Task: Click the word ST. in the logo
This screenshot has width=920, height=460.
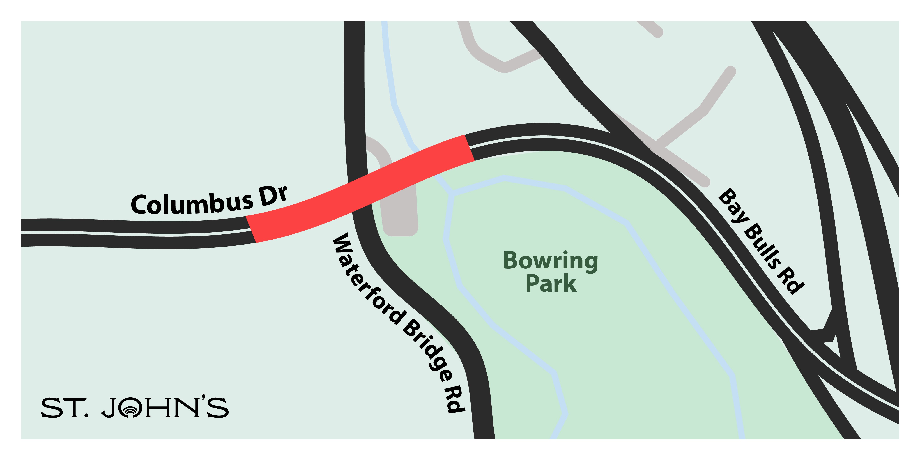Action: (64, 408)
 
